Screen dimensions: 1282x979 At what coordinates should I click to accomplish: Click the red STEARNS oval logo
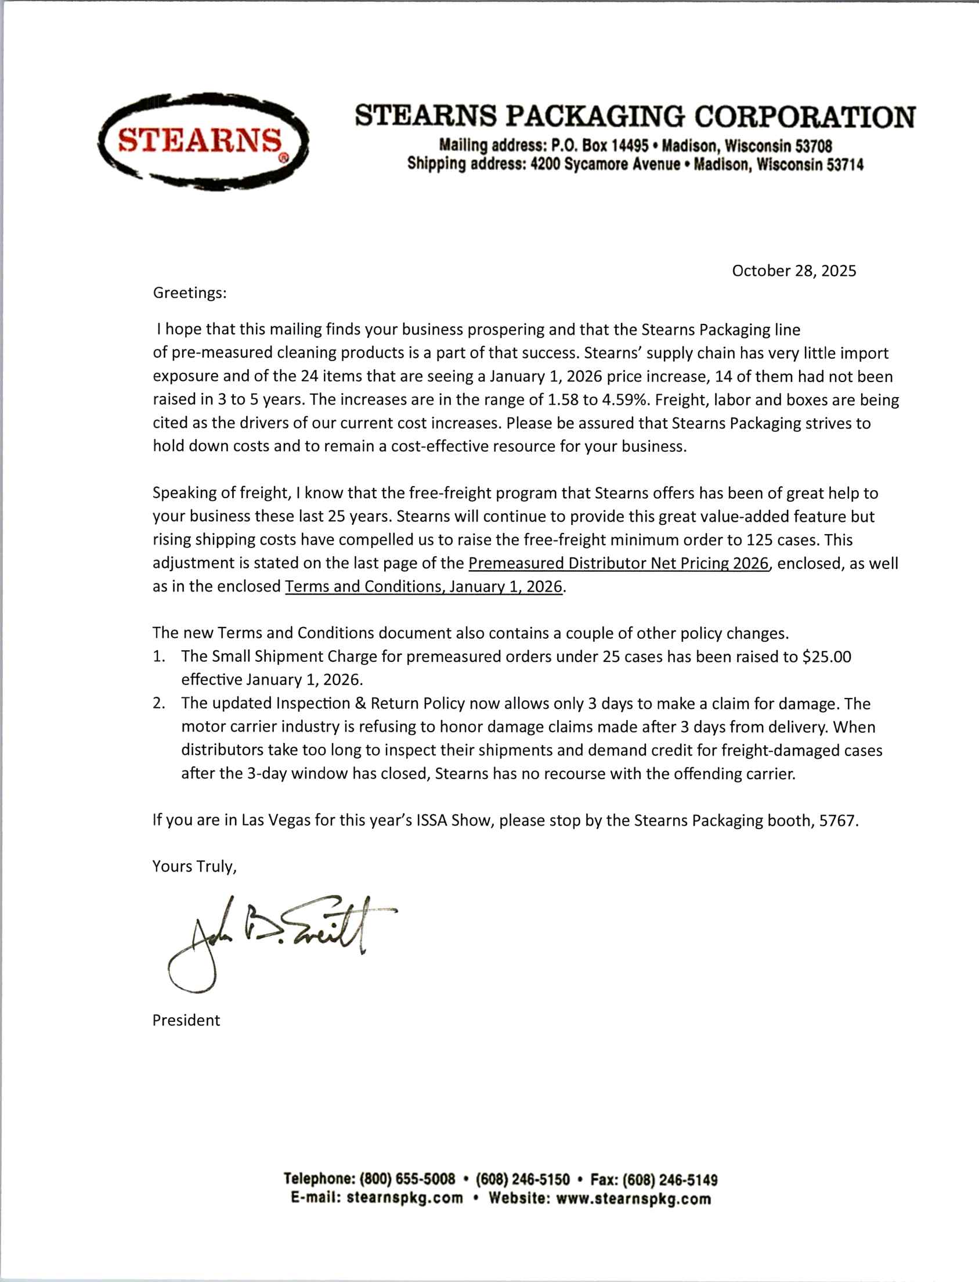(203, 142)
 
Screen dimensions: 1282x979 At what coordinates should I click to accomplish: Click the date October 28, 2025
(794, 271)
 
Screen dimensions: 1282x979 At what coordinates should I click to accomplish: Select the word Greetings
(189, 293)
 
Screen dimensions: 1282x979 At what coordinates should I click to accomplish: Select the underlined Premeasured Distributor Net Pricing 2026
(618, 563)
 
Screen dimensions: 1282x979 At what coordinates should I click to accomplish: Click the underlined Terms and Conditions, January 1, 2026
(424, 586)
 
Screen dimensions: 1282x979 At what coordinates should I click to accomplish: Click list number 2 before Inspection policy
(159, 704)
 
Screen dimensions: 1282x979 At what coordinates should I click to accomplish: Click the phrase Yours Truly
(194, 866)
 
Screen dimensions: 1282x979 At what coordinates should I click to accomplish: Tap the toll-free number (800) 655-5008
(407, 1179)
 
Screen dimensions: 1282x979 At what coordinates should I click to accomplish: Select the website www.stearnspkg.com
(634, 1198)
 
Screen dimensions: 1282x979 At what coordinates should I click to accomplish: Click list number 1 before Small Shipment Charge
(159, 657)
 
